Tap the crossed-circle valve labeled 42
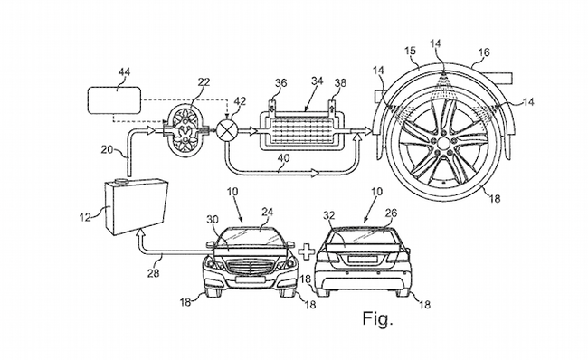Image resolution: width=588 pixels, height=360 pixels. tap(227, 131)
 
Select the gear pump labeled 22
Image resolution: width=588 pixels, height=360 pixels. tap(185, 131)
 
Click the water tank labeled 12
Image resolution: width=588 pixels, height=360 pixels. tap(136, 207)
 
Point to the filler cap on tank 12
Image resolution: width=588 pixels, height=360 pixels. tap(122, 182)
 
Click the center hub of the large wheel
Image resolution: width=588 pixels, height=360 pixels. tap(443, 143)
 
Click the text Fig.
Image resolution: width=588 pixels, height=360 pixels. tap(377, 318)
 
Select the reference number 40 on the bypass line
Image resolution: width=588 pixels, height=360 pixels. tap(283, 158)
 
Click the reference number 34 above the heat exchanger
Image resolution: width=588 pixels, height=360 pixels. tap(318, 81)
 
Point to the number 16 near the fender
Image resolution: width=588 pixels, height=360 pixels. tap(484, 52)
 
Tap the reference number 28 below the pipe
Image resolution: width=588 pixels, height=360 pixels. tap(154, 273)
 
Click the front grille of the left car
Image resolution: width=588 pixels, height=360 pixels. tap(250, 268)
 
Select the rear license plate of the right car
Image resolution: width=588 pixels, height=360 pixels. tap(363, 259)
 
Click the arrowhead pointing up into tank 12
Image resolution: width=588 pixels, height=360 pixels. tap(140, 233)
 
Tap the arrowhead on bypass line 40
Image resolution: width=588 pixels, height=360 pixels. tap(314, 174)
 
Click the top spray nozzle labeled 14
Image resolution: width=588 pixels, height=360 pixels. tap(443, 72)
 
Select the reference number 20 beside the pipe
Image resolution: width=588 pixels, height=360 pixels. tap(108, 149)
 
